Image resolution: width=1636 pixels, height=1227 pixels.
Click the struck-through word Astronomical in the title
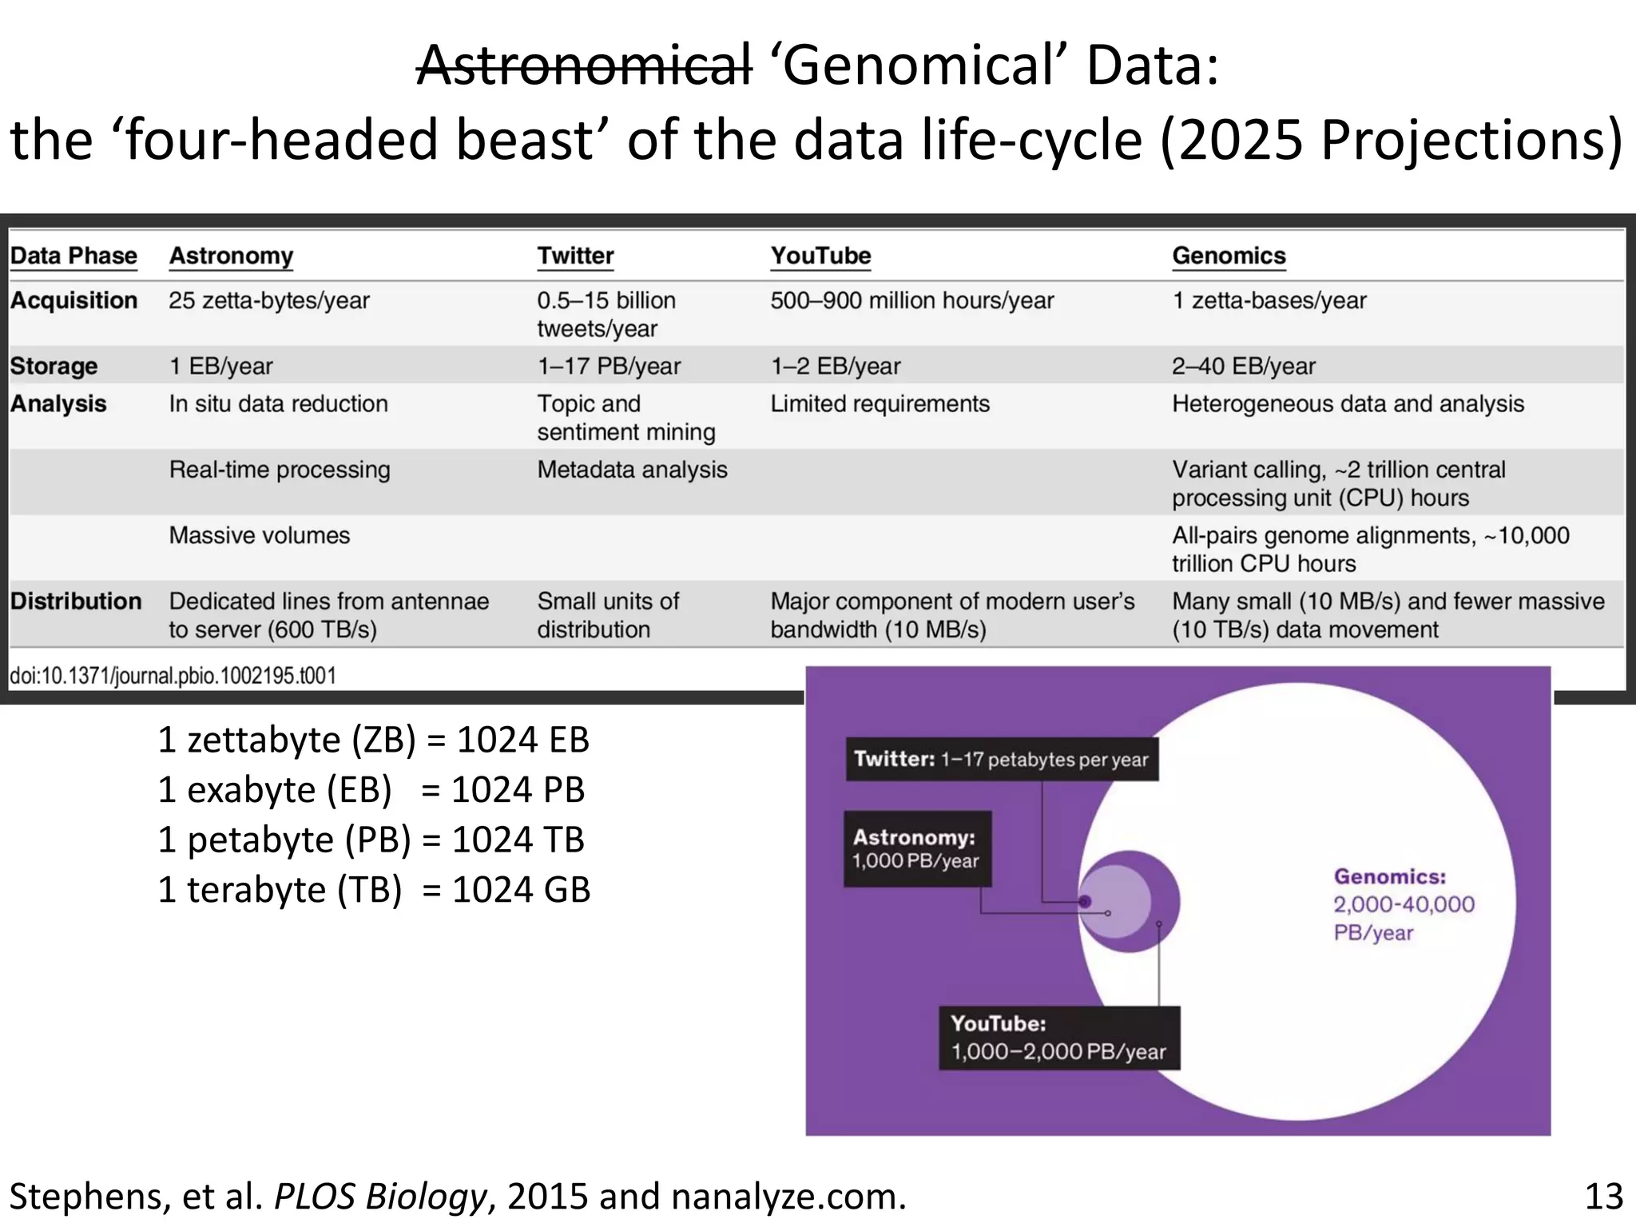584,66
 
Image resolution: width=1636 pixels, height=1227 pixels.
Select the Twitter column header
575,256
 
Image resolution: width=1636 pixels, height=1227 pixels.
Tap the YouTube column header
820,256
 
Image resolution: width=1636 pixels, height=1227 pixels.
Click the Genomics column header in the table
1229,256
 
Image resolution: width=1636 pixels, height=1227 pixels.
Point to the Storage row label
54,366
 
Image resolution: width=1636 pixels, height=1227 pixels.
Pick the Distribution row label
76,601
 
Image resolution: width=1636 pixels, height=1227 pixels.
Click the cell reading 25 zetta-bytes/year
269,300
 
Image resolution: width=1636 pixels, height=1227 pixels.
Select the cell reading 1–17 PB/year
609,366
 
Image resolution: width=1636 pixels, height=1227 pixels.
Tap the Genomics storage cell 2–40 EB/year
1243,366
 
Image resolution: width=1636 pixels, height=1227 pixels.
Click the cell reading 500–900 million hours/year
911,300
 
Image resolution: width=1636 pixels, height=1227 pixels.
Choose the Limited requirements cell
880,403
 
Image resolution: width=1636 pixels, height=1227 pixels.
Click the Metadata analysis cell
632,470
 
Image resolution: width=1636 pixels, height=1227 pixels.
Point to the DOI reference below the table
173,676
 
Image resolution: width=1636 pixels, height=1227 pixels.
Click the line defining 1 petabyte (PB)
371,840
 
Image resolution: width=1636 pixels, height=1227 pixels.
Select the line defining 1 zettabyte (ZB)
373,740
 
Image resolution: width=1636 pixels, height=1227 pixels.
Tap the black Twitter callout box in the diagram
1001,759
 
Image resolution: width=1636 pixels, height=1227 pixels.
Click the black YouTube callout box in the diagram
1058,1038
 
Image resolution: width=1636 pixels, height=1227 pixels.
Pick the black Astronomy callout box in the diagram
916,848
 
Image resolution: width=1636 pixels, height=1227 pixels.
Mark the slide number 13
1603,1197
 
